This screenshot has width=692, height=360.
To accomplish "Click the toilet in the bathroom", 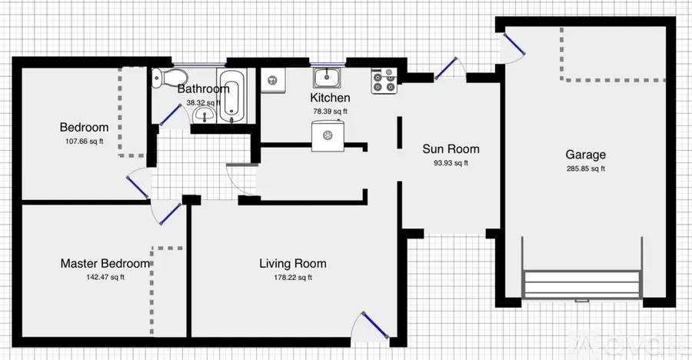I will [x=170, y=76].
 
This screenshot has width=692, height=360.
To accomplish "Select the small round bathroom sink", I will [x=203, y=115].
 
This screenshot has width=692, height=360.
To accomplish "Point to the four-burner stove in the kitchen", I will [x=384, y=80].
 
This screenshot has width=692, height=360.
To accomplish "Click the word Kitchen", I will [x=330, y=98].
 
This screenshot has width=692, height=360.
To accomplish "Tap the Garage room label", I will [x=586, y=155].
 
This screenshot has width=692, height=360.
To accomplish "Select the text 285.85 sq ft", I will [x=586, y=168].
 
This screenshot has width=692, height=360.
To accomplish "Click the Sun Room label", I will [x=451, y=149].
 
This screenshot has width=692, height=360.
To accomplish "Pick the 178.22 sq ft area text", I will [x=292, y=278].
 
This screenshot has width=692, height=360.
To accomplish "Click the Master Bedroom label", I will [x=105, y=264].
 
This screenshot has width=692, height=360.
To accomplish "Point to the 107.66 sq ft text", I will [x=84, y=142].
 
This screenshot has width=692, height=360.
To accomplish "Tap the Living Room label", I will [x=292, y=264].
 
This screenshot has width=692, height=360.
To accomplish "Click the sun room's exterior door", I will [x=447, y=68].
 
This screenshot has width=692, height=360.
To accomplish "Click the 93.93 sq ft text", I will [x=451, y=163].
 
